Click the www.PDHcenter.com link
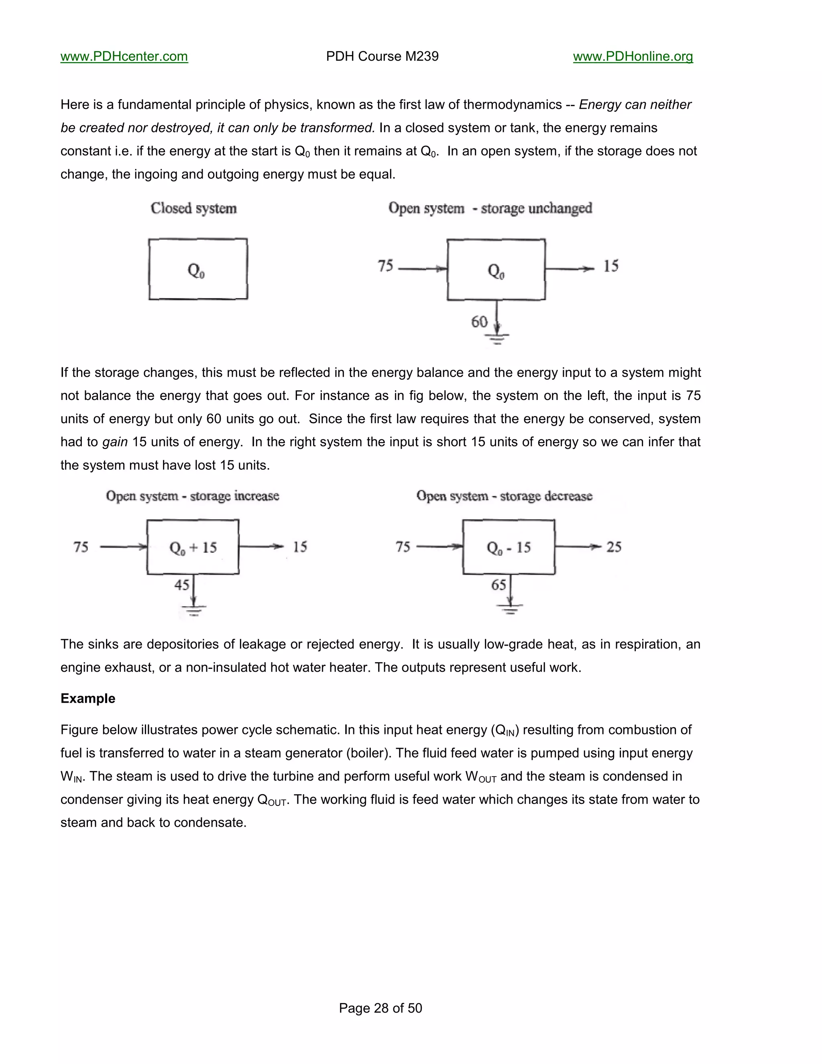124,57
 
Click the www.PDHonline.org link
633,57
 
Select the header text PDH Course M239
382,57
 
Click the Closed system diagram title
193,208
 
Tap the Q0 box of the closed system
198,269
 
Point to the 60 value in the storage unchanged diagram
479,322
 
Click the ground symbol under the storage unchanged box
497,338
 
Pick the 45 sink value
182,585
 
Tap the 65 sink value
498,585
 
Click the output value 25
614,547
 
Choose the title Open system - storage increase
192,496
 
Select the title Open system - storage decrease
504,496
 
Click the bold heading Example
87,699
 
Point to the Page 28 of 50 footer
380,1008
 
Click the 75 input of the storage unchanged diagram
385,266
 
